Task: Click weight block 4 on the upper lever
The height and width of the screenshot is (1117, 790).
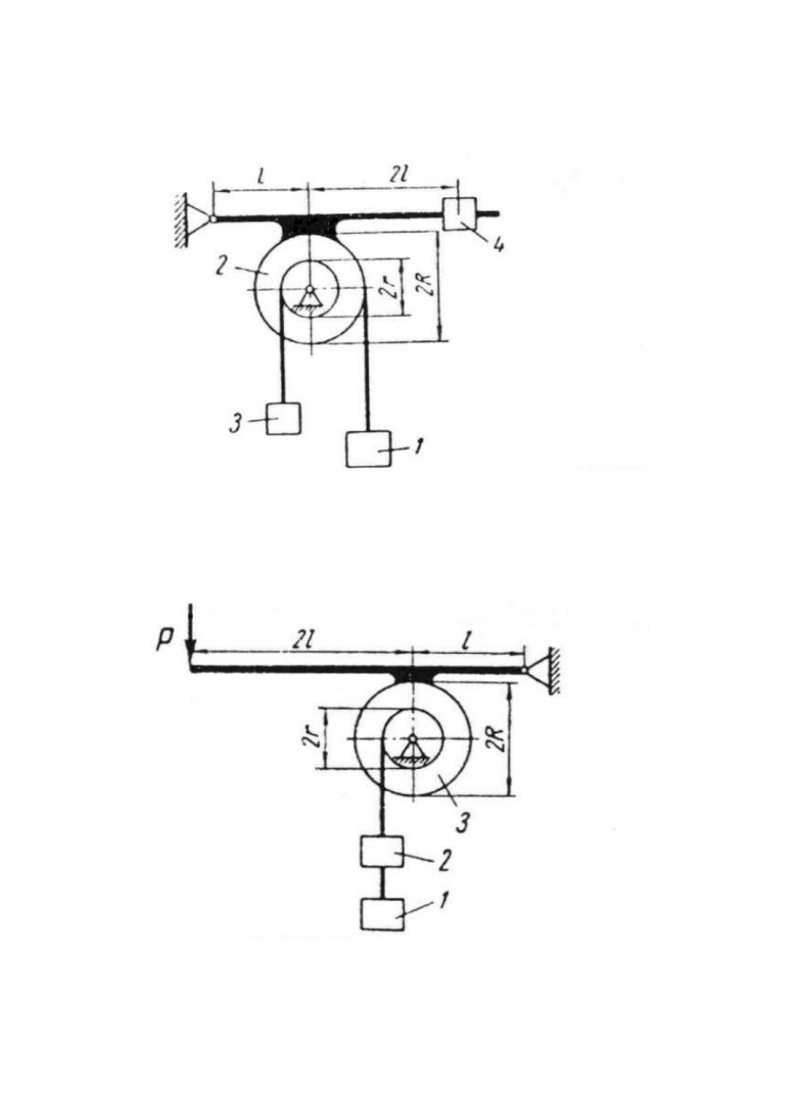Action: (x=459, y=214)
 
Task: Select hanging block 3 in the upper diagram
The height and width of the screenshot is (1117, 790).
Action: (x=283, y=419)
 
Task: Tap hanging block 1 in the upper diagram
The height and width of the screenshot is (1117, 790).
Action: (x=368, y=450)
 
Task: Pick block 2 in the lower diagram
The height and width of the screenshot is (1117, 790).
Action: (x=381, y=851)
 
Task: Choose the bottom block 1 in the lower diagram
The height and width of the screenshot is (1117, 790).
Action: (x=382, y=914)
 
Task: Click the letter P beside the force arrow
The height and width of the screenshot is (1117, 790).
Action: (x=165, y=640)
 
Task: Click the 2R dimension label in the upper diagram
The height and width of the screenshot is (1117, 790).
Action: (x=426, y=285)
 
